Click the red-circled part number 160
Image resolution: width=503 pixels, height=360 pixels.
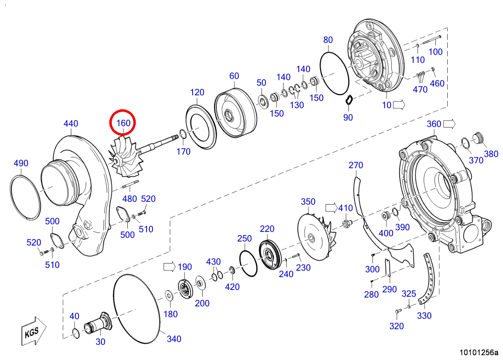(x=123, y=123)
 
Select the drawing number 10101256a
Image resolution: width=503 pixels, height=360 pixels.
(x=479, y=352)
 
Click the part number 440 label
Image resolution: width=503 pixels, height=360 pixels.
(x=71, y=124)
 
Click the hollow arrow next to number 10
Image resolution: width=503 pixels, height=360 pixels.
(x=399, y=105)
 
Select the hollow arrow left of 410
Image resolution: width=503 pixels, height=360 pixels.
(x=331, y=207)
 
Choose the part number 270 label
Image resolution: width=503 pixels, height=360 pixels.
(x=356, y=165)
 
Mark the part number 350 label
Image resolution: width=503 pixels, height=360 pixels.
(x=308, y=202)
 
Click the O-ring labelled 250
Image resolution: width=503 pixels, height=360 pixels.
(x=249, y=263)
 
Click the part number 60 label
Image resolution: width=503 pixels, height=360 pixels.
(x=234, y=76)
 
